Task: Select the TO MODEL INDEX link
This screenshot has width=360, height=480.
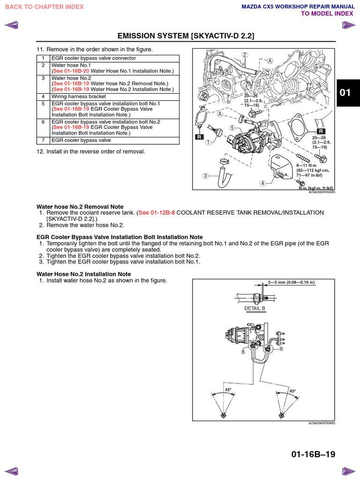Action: [x=327, y=14]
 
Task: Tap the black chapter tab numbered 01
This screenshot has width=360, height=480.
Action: [x=345, y=92]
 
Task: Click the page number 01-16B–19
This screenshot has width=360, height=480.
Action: [x=313, y=454]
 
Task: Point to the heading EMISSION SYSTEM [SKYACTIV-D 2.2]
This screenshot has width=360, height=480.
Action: [x=186, y=36]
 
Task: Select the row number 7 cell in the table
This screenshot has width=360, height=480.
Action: [x=43, y=140]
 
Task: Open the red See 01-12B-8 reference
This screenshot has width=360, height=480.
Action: [x=156, y=213]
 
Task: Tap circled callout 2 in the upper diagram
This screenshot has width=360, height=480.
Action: [x=245, y=55]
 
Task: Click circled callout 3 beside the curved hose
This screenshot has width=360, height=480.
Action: [x=205, y=176]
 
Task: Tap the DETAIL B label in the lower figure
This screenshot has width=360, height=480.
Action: [x=255, y=308]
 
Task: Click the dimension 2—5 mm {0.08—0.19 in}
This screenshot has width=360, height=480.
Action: [x=291, y=283]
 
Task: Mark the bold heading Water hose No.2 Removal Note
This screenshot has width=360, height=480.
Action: [x=80, y=206]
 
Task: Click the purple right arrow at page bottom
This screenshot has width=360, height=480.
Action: [x=348, y=471]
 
